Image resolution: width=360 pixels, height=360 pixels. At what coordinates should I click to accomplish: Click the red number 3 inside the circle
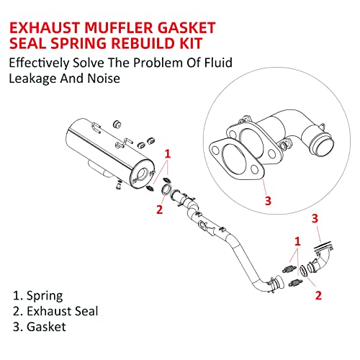point(268,200)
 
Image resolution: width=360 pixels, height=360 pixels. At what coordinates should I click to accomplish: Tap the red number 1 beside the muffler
point(168,153)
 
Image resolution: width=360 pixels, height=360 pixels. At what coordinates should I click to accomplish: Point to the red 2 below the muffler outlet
point(160,210)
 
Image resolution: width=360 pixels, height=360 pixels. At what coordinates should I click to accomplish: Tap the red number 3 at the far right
point(315,217)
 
